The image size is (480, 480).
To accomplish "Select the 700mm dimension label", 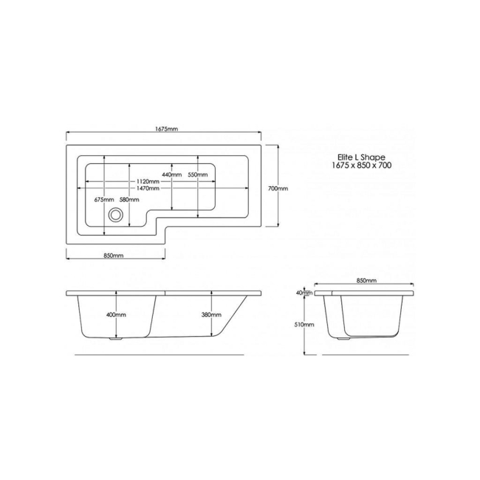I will (x=278, y=188).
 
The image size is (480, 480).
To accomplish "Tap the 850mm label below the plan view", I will (x=113, y=256).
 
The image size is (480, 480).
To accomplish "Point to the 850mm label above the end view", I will (x=366, y=281).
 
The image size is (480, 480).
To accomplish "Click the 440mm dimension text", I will (x=172, y=175).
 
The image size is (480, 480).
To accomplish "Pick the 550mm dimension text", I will (x=197, y=175).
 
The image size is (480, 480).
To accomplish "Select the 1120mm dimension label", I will (x=148, y=182).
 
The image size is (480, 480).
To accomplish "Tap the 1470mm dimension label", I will (x=148, y=189).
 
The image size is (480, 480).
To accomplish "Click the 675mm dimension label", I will (x=104, y=200).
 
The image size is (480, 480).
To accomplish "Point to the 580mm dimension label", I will (x=129, y=200).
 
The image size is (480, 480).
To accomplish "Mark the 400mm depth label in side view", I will (x=116, y=315).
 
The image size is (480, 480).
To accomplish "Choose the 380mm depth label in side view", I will (x=210, y=315).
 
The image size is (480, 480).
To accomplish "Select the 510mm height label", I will (x=304, y=324).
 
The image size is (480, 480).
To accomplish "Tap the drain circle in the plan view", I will (x=115, y=216).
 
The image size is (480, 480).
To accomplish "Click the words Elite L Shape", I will (x=362, y=157).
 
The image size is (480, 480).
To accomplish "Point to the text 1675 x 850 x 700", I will (x=362, y=166).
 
